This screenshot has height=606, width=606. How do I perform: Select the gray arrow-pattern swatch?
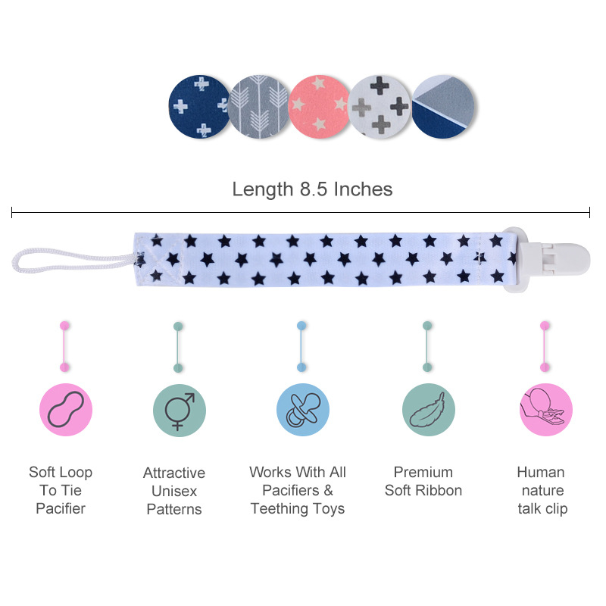click(259, 107)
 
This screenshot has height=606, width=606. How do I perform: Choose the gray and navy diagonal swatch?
click(443, 107)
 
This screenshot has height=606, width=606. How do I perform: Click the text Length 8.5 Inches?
click(312, 189)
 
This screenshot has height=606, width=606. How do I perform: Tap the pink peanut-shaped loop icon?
click(66, 410)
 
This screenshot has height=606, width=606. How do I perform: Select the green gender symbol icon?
click(179, 410)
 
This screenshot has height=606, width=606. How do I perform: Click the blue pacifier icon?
click(302, 410)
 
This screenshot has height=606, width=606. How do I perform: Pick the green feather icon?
click(428, 410)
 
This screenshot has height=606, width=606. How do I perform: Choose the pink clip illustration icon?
click(545, 410)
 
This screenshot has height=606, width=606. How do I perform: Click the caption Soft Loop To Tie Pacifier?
click(61, 490)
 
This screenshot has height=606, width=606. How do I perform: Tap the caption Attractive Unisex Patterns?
click(174, 491)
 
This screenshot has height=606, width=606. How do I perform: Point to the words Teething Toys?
click(298, 509)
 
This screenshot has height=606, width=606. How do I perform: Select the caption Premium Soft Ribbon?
click(423, 481)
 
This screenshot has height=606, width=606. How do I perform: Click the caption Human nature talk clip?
click(542, 490)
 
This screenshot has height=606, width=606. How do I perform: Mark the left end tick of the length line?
click(12, 214)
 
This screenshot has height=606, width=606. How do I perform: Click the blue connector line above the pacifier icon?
click(301, 346)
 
